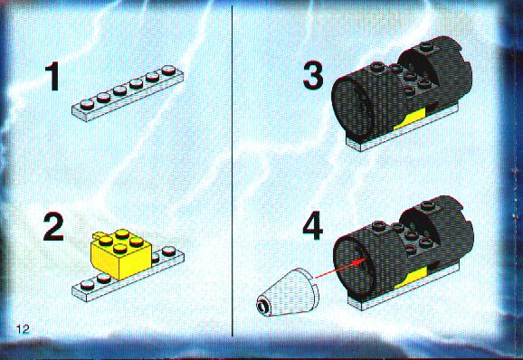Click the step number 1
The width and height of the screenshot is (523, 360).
52,76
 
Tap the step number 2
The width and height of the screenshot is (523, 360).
53,227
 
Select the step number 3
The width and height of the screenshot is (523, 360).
313,76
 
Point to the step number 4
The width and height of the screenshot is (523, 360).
312,225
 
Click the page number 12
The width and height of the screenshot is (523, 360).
23,329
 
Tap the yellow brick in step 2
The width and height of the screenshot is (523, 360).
121,253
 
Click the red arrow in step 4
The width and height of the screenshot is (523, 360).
340,268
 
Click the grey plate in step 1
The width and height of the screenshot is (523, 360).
128,94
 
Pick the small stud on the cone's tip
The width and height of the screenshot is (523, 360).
261,305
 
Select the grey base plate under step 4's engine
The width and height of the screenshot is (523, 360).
404,288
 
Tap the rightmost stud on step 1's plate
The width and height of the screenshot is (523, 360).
169,70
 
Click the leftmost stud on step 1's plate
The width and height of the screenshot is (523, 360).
88,104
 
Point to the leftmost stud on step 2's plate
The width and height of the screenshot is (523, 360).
88,284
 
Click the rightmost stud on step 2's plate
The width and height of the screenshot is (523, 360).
169,251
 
